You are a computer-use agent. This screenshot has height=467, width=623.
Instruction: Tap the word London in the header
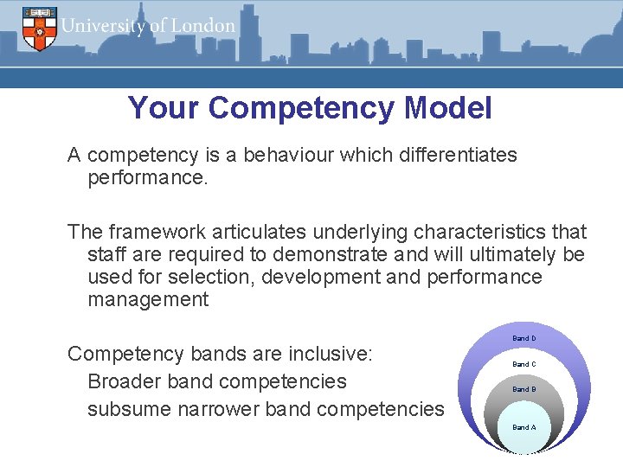point(202,26)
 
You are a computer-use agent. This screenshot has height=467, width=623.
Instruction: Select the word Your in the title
point(164,108)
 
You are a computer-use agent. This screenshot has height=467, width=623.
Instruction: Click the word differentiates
point(442,156)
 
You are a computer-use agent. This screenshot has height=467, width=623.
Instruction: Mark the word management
point(148,300)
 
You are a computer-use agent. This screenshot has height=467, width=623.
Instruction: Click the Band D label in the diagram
point(523,338)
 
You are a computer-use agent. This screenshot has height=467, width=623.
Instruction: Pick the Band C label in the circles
point(523,364)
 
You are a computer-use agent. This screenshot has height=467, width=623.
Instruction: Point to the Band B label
point(523,389)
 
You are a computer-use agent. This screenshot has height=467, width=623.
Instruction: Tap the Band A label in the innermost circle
point(523,427)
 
